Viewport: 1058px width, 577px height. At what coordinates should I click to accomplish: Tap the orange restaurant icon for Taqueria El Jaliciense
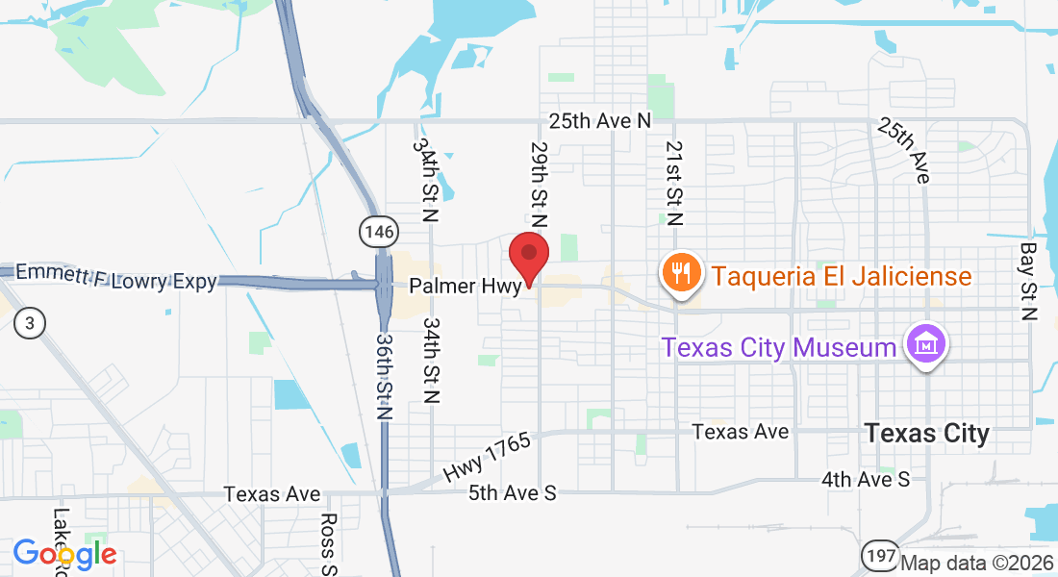(680, 273)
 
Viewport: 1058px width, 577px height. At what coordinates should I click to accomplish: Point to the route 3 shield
(30, 323)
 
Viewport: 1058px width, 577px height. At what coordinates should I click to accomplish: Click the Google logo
(64, 554)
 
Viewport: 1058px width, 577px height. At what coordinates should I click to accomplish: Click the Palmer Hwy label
(465, 287)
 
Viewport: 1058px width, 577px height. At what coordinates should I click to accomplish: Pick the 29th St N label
(539, 186)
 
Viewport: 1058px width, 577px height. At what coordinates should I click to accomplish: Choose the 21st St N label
(674, 182)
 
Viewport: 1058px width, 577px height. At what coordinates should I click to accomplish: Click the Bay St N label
(1028, 281)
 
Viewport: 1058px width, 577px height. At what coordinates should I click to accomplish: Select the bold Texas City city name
(926, 434)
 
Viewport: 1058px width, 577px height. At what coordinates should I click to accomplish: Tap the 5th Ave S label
(513, 492)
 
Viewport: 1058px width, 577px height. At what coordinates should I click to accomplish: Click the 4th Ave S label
(866, 478)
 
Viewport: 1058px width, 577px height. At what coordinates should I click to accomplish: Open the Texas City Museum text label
(779, 346)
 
